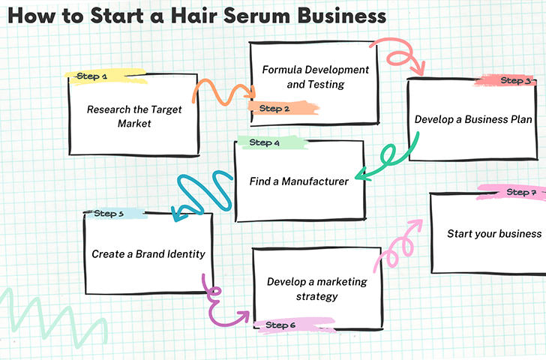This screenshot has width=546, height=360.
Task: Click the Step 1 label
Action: click(x=94, y=76)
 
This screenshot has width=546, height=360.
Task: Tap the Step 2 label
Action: click(x=274, y=109)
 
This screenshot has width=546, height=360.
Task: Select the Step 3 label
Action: click(x=515, y=80)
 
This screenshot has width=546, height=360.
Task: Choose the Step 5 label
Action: click(x=109, y=214)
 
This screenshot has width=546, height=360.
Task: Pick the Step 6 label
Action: click(x=280, y=325)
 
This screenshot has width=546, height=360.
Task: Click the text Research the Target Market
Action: click(x=134, y=116)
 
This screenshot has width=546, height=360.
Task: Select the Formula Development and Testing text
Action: click(x=315, y=77)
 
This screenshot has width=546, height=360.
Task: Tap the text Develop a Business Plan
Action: click(x=473, y=119)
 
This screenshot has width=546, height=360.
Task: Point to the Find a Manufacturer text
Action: click(x=298, y=181)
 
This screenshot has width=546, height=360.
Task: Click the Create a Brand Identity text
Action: click(x=148, y=254)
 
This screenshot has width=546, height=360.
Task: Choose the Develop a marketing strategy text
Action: click(x=316, y=289)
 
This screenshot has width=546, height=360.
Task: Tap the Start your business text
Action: click(x=493, y=234)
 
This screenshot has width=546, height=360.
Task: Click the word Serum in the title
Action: click(x=244, y=15)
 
